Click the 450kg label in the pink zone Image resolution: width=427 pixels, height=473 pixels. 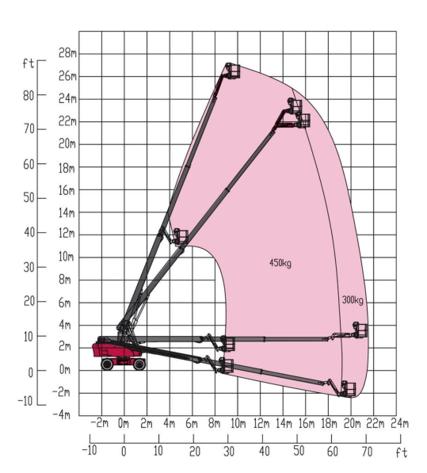(x=280, y=263)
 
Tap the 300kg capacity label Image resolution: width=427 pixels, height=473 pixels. (x=353, y=300)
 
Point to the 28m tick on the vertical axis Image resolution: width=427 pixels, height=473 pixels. (x=67, y=53)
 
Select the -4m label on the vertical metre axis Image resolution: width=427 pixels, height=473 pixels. (x=61, y=415)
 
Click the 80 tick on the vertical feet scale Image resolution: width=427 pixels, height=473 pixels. (x=29, y=96)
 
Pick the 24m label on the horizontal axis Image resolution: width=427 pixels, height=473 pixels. (x=399, y=424)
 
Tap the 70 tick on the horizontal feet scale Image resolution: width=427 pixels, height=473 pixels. (x=367, y=452)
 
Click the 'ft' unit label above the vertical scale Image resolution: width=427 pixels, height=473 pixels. (x=29, y=63)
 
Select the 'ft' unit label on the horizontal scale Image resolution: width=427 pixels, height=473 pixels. (x=402, y=452)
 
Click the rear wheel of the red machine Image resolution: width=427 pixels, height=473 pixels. (x=107, y=364)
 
